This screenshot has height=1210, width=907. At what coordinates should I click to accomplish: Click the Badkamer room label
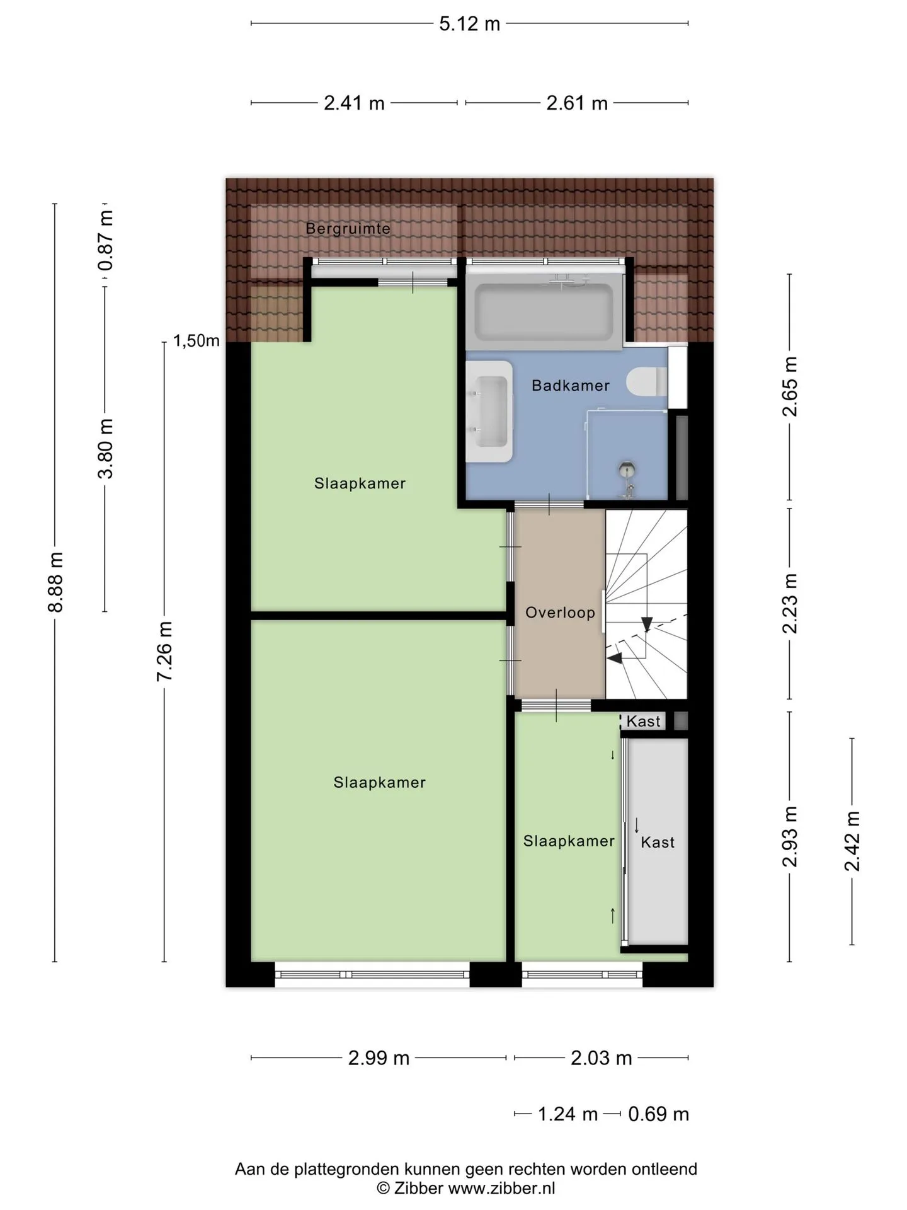570,385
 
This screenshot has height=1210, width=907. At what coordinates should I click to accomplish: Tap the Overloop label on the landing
560,613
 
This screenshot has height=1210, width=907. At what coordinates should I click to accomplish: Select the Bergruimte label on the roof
348,228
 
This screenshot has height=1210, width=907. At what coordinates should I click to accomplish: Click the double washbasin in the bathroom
489,412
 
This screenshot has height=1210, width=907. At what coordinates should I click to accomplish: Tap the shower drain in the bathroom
627,468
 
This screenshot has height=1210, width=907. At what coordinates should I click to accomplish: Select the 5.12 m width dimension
469,24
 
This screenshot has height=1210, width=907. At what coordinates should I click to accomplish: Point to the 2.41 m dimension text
354,103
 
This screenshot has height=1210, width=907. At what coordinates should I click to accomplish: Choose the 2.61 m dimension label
577,103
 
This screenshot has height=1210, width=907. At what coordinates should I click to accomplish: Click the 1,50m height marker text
197,341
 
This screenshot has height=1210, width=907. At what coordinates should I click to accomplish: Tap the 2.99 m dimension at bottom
379,1057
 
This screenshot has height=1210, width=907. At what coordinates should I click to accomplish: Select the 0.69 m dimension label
658,1114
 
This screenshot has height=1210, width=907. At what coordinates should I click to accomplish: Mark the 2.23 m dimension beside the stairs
790,603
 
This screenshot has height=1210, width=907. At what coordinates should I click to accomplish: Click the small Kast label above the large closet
643,721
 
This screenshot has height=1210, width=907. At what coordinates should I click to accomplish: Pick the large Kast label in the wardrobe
658,842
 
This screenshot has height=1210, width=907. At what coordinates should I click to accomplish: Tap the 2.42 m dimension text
852,841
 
